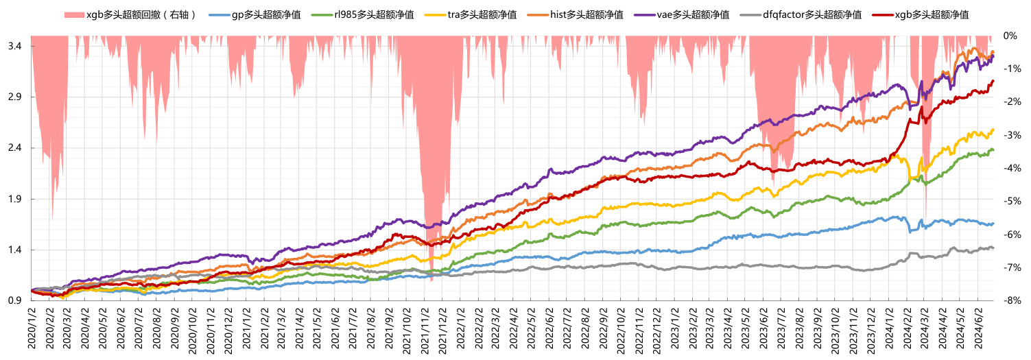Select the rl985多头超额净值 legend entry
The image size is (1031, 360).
pyautogui.click(x=373, y=15)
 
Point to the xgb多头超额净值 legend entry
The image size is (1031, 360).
pyautogui.click(x=932, y=15)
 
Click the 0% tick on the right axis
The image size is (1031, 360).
pyautogui.click(x=1010, y=35)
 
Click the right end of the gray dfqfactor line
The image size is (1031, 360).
pyautogui.click(x=993, y=248)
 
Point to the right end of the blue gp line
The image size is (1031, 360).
pyautogui.click(x=993, y=224)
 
